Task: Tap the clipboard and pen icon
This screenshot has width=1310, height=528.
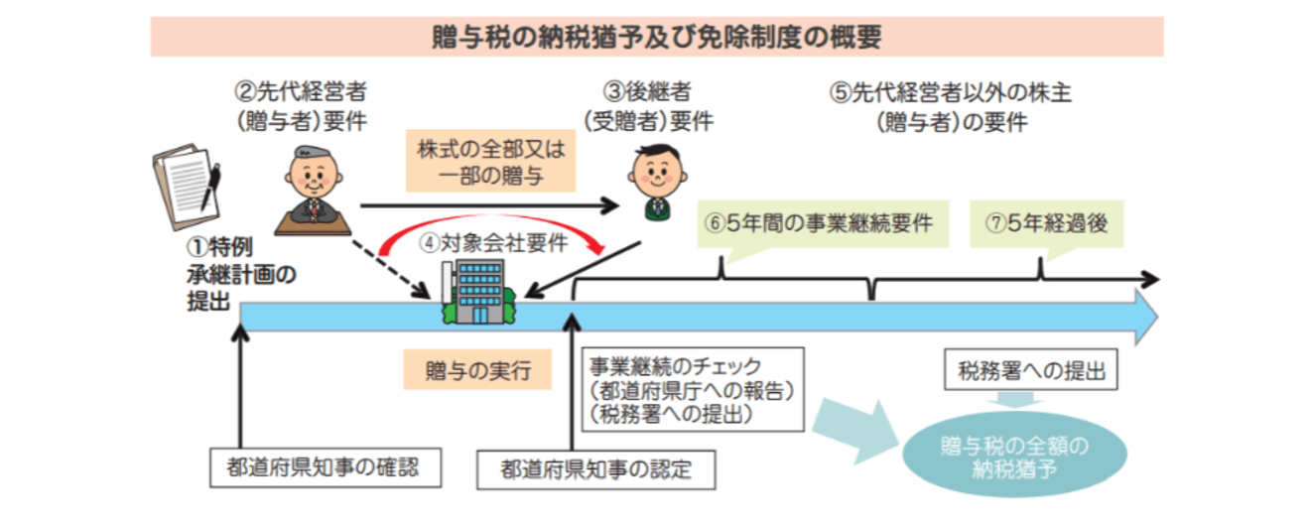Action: pos(186,189)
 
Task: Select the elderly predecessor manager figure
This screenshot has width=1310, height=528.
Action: pos(312,190)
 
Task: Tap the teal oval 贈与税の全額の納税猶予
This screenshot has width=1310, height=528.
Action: pos(1013,456)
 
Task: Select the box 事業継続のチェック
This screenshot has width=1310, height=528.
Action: pos(691,388)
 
